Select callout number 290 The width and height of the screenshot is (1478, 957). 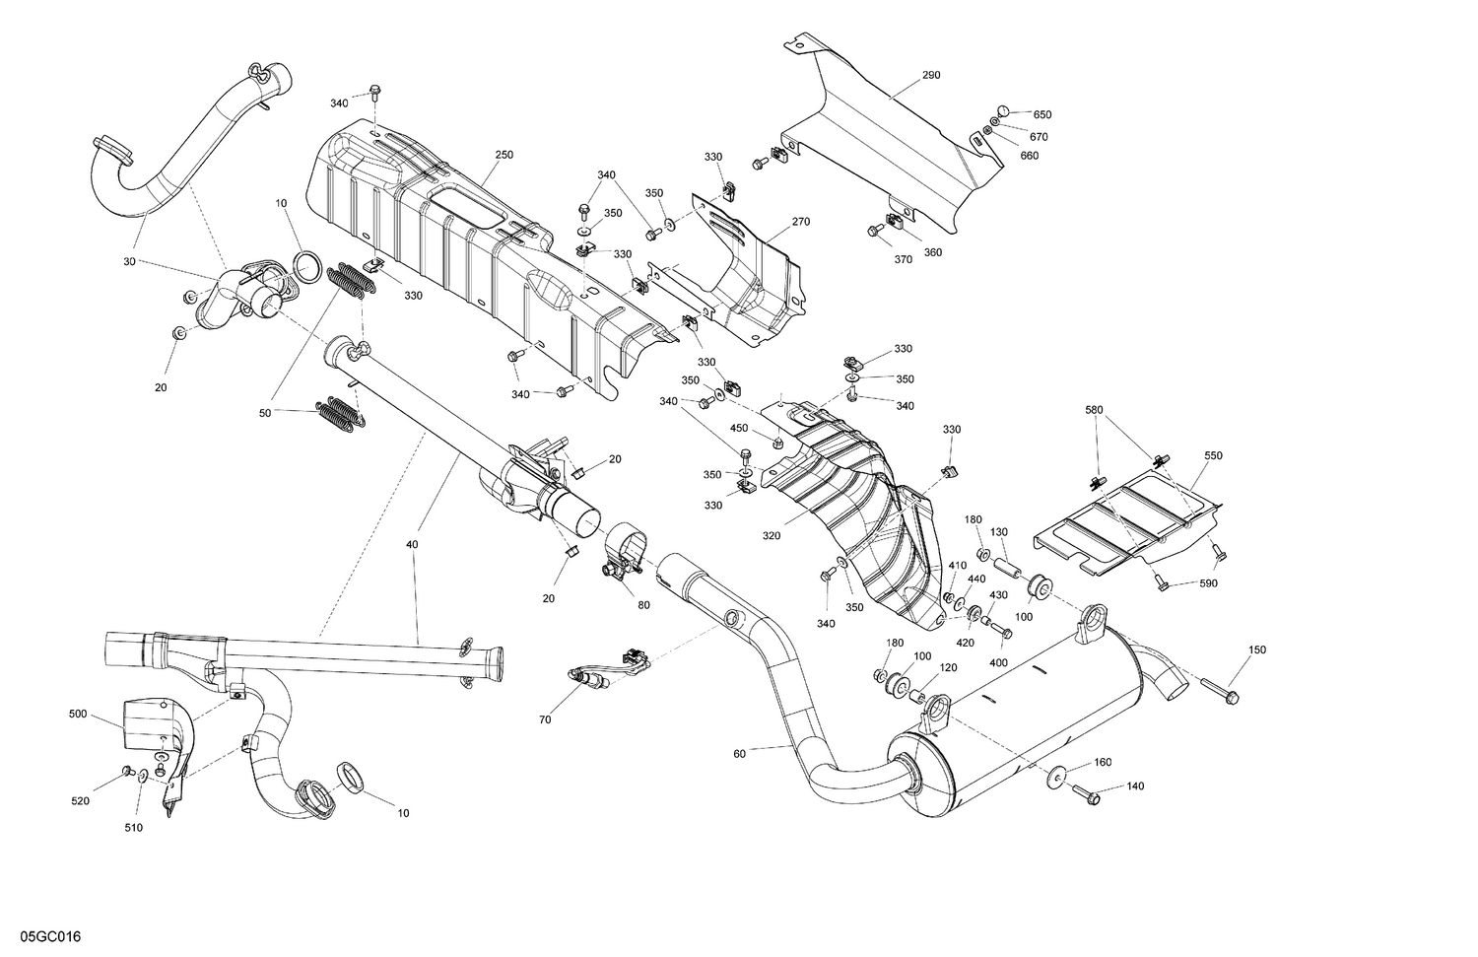(931, 75)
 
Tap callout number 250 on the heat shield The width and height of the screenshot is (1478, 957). (504, 155)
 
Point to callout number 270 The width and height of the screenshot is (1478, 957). (800, 222)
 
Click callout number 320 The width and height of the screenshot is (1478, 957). (771, 537)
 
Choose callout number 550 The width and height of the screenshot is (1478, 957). (1213, 456)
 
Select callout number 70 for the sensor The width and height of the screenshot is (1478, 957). (545, 720)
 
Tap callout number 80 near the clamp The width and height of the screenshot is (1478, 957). (643, 605)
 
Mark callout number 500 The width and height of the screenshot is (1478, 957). (78, 713)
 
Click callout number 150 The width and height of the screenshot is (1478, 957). (1257, 649)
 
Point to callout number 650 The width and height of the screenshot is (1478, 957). (1042, 114)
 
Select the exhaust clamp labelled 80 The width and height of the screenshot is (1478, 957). (621, 553)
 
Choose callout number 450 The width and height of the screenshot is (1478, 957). (739, 428)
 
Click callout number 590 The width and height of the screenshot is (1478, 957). (1209, 583)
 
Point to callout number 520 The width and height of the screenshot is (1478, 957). (80, 801)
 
